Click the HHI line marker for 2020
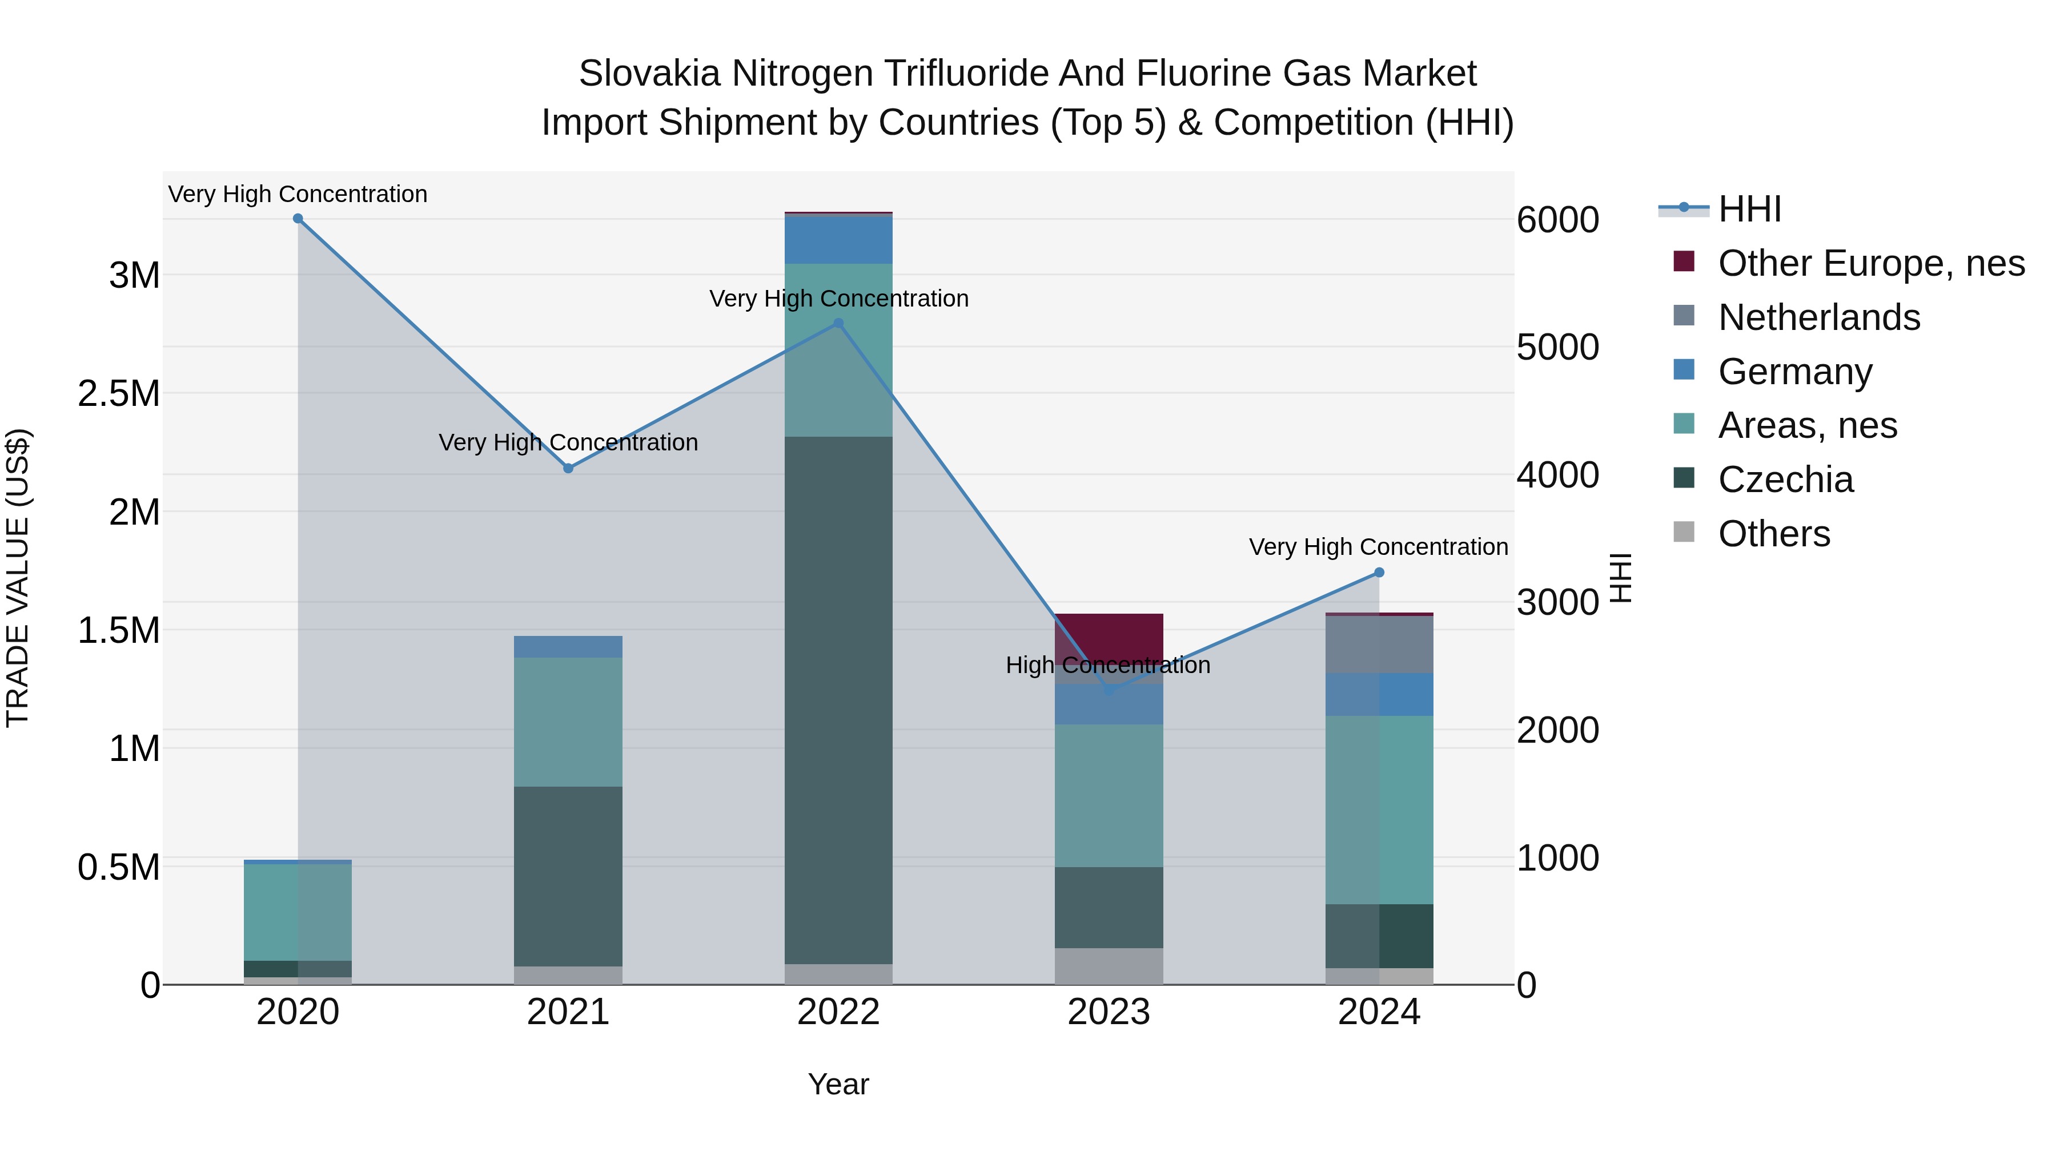tap(298, 219)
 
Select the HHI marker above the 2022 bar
tap(838, 324)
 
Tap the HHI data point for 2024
tap(1379, 573)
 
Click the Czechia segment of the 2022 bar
tap(838, 700)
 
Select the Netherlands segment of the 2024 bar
tap(1379, 645)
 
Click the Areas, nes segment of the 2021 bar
tap(568, 722)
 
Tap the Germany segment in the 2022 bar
tap(838, 239)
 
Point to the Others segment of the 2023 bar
tap(1109, 966)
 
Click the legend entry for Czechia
tap(1785, 480)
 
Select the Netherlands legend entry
tap(1818, 317)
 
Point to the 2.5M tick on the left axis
tap(119, 393)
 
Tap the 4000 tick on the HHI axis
tap(1557, 475)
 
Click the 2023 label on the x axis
tap(1109, 1012)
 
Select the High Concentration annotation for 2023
tap(1108, 666)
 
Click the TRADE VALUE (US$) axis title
tap(18, 578)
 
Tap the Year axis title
tap(838, 1084)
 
